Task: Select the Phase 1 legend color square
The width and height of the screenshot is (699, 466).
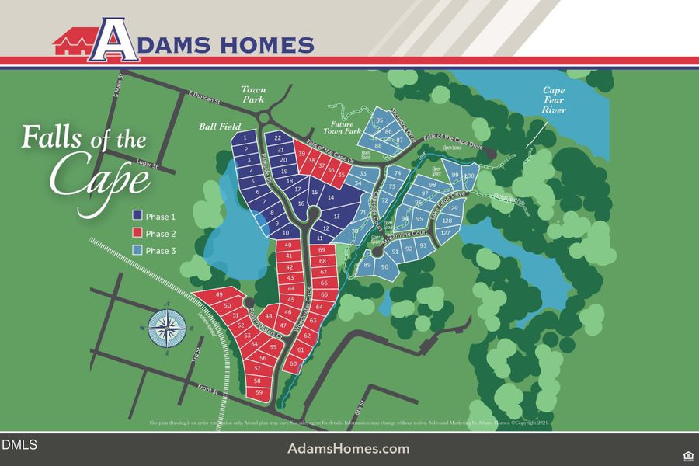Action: (x=137, y=216)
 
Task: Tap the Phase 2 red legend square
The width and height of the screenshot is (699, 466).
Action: (x=137, y=233)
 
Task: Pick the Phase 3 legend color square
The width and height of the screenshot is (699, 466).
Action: (x=137, y=250)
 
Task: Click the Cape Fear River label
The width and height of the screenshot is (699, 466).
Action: (x=554, y=100)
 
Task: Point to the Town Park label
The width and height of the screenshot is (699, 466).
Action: (x=253, y=94)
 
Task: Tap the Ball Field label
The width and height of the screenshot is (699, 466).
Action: (x=219, y=126)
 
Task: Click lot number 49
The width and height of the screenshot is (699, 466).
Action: (x=219, y=296)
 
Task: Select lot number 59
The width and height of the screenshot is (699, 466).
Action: (x=259, y=393)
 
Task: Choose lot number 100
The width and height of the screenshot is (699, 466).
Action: (x=469, y=176)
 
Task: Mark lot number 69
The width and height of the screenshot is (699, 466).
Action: (x=322, y=250)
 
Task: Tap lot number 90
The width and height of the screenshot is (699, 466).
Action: (x=384, y=267)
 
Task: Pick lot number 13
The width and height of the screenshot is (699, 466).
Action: (x=336, y=217)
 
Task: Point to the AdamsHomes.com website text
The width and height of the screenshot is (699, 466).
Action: (x=348, y=449)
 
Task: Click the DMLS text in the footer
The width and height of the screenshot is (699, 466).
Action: (x=19, y=445)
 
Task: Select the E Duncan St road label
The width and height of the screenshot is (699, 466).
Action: (x=205, y=99)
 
